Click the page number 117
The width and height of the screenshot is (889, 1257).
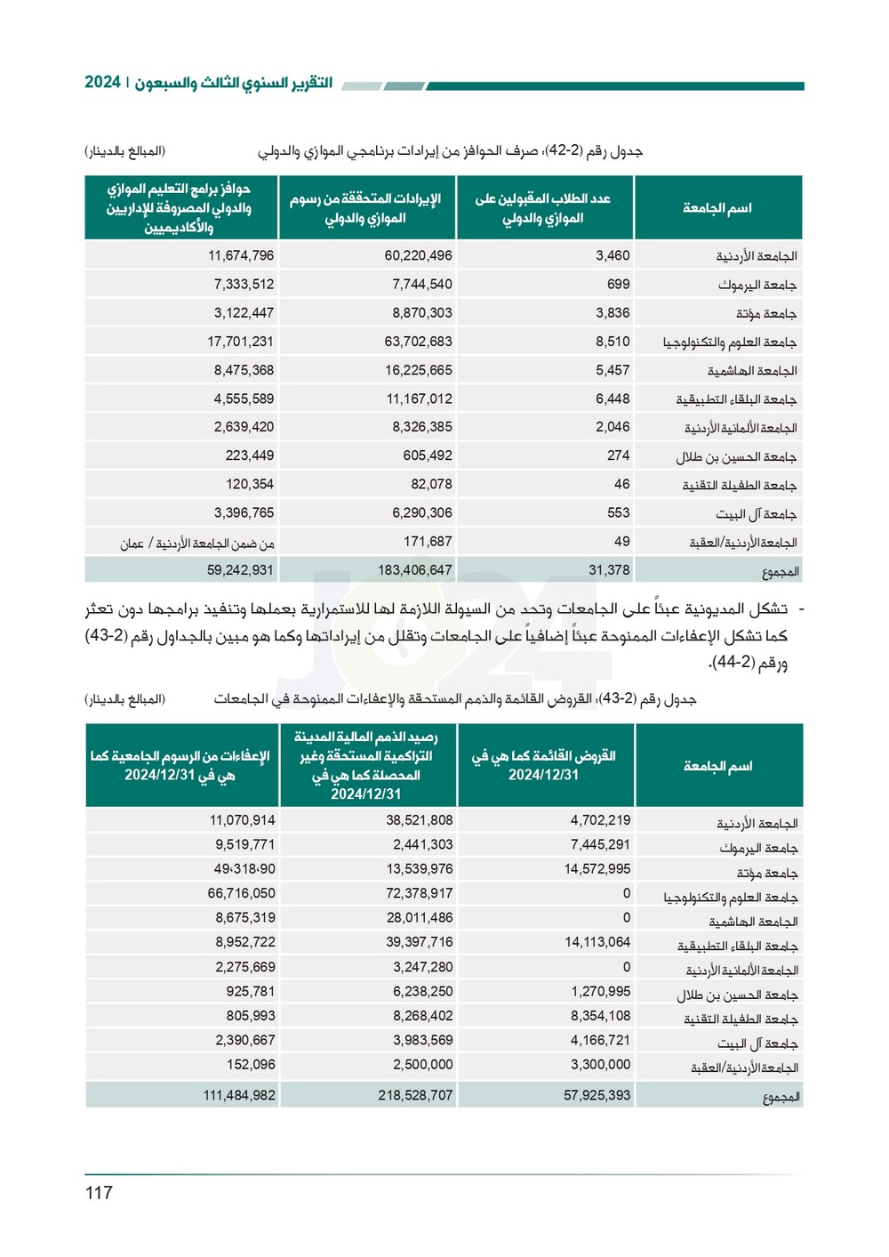point(99,1192)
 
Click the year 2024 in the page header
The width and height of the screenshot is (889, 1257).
point(102,82)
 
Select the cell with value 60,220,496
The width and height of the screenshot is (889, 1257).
point(418,255)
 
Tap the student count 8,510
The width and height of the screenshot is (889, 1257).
point(613,342)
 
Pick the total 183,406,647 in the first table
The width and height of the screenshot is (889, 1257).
point(414,569)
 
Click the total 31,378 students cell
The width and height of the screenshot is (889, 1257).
point(609,569)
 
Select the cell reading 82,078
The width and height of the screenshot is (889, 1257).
point(431,484)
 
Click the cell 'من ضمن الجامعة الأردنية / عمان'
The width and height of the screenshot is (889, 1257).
point(197,543)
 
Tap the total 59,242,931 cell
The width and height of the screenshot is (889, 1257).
point(240,569)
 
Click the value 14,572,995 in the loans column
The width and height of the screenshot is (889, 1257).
point(597,868)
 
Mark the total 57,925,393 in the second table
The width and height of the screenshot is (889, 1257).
point(597,1095)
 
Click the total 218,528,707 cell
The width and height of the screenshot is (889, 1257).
point(415,1095)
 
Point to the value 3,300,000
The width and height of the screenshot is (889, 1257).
point(600,1064)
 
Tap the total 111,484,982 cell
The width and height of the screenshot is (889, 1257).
point(238,1095)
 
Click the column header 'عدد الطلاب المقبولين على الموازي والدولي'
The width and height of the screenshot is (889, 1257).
point(543,208)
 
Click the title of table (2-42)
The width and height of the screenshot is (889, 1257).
point(450,151)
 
